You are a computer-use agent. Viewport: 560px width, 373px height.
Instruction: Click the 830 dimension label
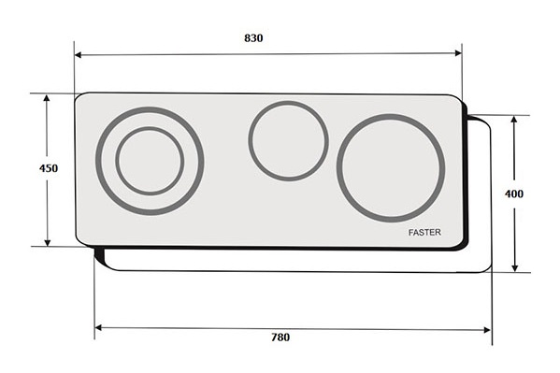point(253,38)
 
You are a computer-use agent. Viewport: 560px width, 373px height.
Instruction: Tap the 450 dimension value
point(49,168)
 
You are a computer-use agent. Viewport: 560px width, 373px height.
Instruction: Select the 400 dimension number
point(514,194)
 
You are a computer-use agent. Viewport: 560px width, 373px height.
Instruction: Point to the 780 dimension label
point(280,337)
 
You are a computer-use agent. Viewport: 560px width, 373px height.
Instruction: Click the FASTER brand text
point(424,232)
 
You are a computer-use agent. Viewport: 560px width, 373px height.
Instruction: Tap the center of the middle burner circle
point(289,141)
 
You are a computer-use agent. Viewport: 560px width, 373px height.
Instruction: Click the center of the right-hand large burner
point(391,168)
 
